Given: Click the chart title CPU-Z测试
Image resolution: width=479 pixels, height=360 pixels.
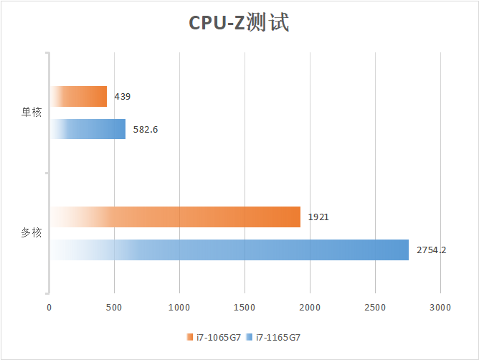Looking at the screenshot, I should point(239,24).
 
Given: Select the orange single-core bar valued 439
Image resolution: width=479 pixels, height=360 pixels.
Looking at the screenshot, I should point(79,96).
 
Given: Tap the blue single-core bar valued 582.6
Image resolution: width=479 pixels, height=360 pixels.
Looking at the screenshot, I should point(88,129).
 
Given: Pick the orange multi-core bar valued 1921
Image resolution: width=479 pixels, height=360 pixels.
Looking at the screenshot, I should point(176,217).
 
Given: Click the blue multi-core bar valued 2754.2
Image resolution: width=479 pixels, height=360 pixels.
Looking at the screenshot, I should point(229,250).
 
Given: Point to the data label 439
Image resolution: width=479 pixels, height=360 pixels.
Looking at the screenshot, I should point(122,96).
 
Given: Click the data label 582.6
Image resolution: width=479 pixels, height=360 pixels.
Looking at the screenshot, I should point(146,129).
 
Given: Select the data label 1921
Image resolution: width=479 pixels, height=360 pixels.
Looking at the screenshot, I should point(318,217).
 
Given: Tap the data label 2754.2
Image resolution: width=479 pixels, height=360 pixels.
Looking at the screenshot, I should point(432,250).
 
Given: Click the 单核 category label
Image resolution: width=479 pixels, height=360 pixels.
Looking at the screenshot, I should point(32,113).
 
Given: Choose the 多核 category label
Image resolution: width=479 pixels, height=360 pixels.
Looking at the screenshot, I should point(32,233).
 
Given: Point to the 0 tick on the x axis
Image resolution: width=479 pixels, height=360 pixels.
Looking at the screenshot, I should point(49,308).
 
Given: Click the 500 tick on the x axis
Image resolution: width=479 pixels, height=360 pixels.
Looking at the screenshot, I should point(115,308).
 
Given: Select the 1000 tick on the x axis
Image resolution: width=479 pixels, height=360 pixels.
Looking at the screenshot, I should point(179,308).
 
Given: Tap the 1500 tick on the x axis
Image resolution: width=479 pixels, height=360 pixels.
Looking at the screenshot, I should point(245,308).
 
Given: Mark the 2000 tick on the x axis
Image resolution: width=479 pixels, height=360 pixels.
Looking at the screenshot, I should point(310,308).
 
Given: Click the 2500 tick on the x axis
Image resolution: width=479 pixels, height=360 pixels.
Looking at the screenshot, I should point(375,308).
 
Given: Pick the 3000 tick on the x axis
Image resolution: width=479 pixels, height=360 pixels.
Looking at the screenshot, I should point(440,308).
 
